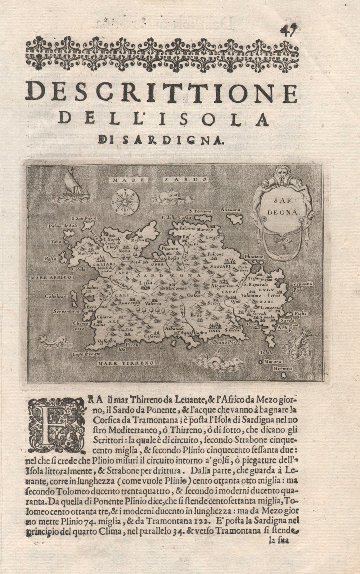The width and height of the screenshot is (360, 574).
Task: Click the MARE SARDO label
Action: [x=160, y=179]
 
